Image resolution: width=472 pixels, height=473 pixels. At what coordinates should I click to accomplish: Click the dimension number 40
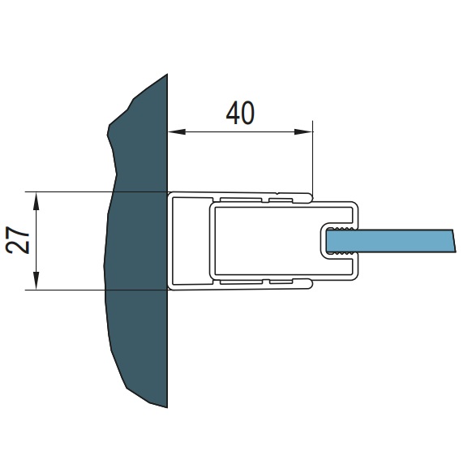point(240,113)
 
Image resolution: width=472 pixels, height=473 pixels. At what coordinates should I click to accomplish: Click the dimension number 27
point(18,240)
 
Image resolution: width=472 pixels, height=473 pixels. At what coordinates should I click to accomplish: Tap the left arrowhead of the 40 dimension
point(177,131)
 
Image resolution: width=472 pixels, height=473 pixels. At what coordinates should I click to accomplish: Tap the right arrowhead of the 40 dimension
point(303,131)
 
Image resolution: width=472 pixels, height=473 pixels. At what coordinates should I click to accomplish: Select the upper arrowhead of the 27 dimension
point(36,201)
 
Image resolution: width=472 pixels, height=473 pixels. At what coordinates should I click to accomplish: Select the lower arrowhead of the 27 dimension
point(36,281)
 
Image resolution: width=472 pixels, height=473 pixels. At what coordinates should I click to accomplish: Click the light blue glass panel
point(391,241)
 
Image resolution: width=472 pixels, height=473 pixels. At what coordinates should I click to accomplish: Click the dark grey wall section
point(139,241)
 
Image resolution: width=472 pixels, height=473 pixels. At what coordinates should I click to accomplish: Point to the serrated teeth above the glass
point(341,229)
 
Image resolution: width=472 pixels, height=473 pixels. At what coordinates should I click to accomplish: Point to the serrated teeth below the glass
point(341,253)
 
